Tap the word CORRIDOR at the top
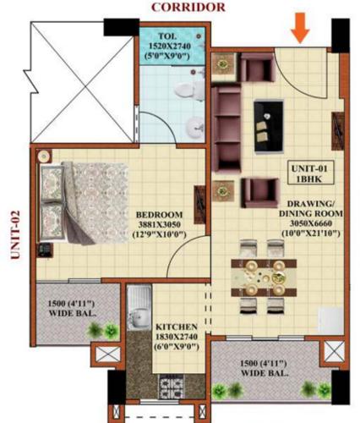pyautogui.click(x=187, y=7)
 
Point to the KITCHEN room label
pyautogui.click(x=176, y=326)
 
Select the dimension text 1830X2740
pyautogui.click(x=176, y=337)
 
